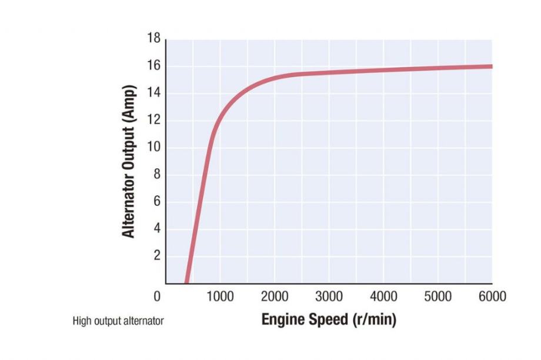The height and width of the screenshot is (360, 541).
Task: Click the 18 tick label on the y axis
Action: [153, 39]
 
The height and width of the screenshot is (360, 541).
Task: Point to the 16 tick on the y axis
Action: [153, 66]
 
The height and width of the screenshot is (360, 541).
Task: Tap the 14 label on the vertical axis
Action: [153, 93]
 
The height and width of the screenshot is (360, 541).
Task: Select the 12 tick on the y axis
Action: [153, 120]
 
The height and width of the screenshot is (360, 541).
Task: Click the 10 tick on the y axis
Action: [153, 147]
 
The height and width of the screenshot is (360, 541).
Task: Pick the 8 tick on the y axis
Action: [156, 174]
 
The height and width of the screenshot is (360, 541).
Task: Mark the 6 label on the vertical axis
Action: [156, 201]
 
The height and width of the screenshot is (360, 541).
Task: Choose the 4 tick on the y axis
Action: [156, 228]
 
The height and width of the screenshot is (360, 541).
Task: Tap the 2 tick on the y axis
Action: [156, 255]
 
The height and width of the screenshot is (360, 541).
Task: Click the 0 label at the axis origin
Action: [156, 296]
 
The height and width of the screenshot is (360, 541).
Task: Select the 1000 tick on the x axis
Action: [219, 296]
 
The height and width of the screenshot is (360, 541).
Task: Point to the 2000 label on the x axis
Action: [274, 296]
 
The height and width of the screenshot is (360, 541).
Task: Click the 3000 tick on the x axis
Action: [329, 296]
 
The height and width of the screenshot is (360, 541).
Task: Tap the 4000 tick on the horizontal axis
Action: [383, 296]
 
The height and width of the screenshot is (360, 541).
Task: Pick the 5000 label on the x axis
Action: [438, 296]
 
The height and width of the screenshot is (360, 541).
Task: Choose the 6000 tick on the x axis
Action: [492, 296]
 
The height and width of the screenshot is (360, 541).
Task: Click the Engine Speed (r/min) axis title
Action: [329, 321]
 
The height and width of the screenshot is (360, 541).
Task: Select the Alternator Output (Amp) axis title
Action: [129, 162]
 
